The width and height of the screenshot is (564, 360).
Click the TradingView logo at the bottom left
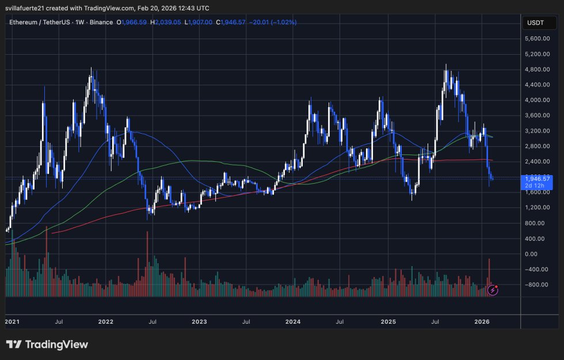(47, 344)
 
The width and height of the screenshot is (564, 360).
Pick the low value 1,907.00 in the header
(199, 22)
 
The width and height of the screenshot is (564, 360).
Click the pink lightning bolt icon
(493, 290)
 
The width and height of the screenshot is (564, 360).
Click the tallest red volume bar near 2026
(489, 276)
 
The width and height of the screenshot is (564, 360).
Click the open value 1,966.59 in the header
(132, 22)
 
